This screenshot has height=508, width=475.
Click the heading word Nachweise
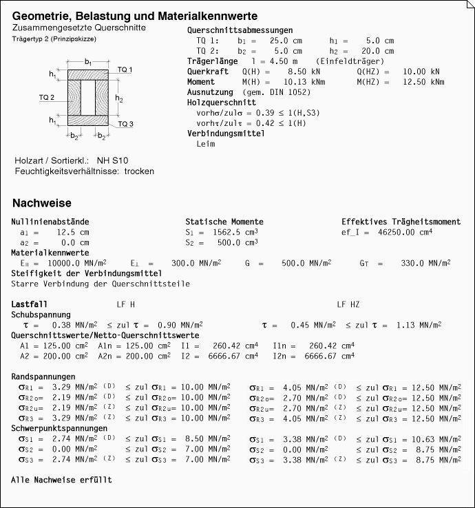(41, 203)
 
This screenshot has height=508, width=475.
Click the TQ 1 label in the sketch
(125, 70)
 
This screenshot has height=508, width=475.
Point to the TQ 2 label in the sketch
(47, 98)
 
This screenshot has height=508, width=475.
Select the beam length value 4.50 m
(275, 61)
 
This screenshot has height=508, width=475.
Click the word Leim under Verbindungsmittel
(206, 144)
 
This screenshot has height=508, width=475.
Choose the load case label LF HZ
(348, 304)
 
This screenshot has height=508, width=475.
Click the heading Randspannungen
(43, 377)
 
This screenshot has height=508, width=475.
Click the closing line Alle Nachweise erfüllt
(61, 480)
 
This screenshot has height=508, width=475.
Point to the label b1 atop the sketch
(88, 62)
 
